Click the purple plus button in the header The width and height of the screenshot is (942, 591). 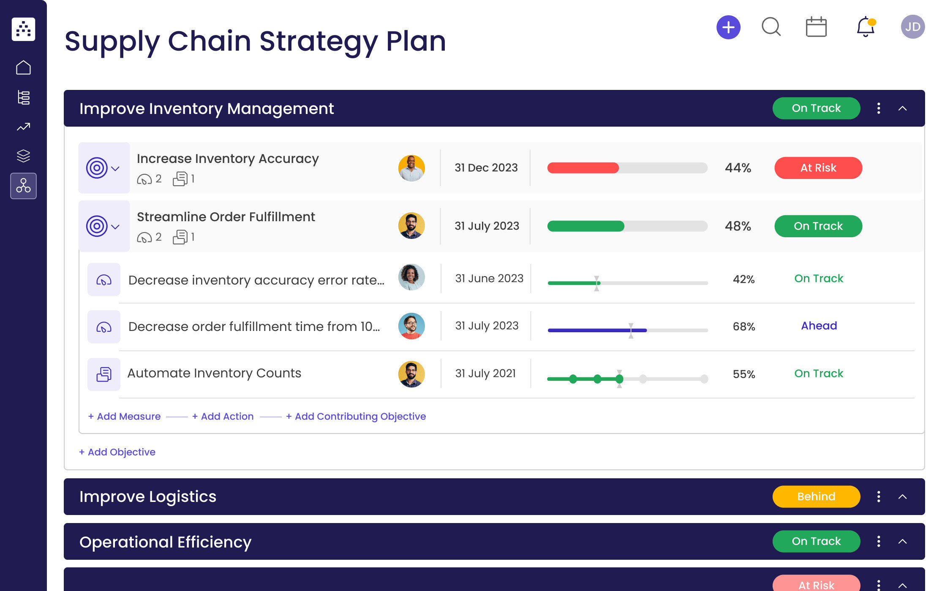pyautogui.click(x=728, y=27)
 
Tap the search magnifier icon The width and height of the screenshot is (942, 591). pyautogui.click(x=771, y=27)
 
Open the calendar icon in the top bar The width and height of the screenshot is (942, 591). pyautogui.click(x=816, y=27)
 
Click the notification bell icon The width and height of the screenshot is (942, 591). pyautogui.click(x=865, y=27)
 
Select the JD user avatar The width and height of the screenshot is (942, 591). pyautogui.click(x=912, y=27)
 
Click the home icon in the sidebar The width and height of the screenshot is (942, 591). pyautogui.click(x=24, y=68)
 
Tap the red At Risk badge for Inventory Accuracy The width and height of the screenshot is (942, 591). pyautogui.click(x=818, y=168)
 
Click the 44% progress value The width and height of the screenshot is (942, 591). pyautogui.click(x=738, y=168)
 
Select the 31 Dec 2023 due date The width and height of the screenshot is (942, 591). pyautogui.click(x=486, y=168)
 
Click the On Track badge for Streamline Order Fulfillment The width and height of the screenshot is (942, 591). pyautogui.click(x=818, y=226)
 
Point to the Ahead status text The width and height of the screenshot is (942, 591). pyautogui.click(x=819, y=326)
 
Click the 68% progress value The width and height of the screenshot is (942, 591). pyautogui.click(x=743, y=327)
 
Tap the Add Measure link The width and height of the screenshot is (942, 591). pyautogui.click(x=125, y=417)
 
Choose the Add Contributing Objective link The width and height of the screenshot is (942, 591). pyautogui.click(x=356, y=417)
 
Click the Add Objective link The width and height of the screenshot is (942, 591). pyautogui.click(x=117, y=452)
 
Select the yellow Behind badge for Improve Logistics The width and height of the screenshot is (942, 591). pyautogui.click(x=816, y=496)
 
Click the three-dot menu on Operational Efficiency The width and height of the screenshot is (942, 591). pyautogui.click(x=879, y=542)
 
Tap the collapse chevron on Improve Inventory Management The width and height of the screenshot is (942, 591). pyautogui.click(x=902, y=108)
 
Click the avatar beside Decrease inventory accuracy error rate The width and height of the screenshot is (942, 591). pyautogui.click(x=411, y=277)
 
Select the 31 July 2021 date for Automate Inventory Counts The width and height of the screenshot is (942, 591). pyautogui.click(x=485, y=374)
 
